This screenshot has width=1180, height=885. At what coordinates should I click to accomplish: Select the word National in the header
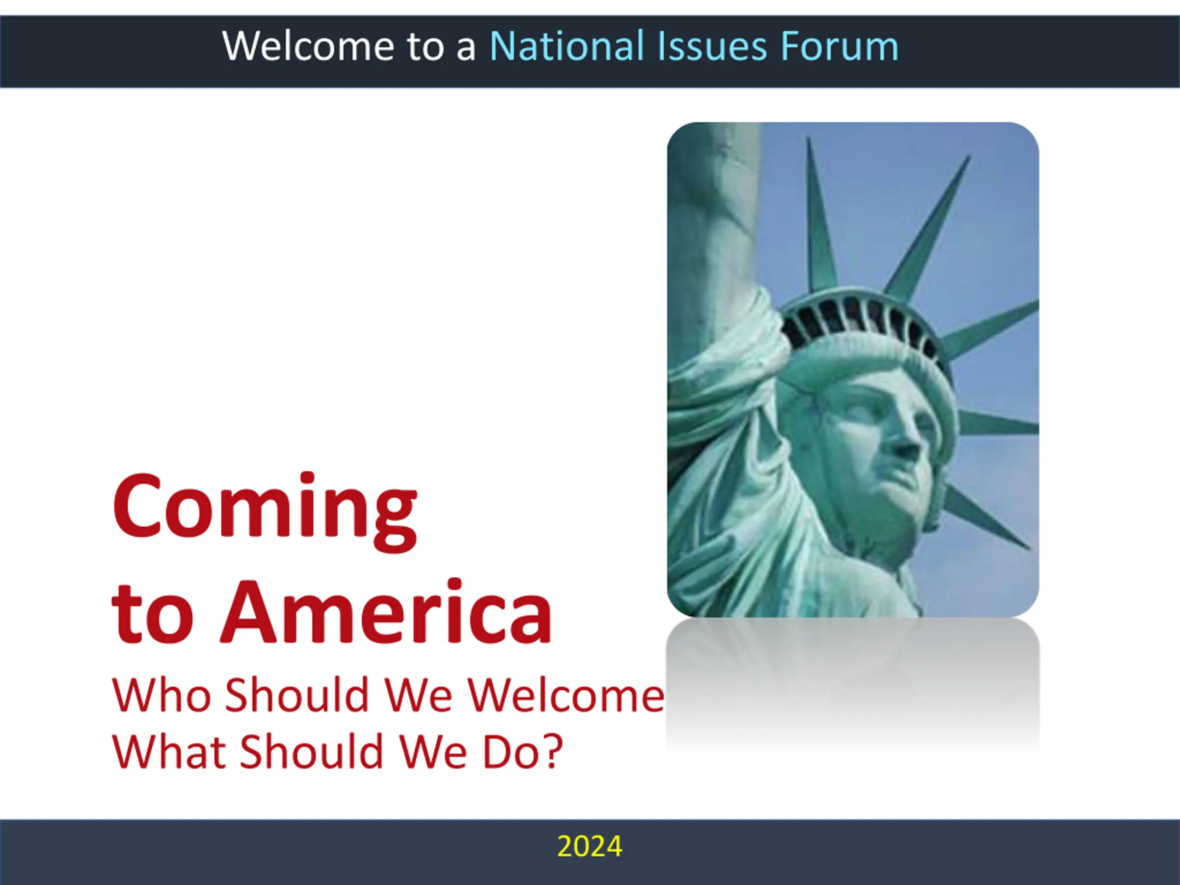[x=567, y=46]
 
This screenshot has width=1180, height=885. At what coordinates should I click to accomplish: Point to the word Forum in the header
[x=840, y=46]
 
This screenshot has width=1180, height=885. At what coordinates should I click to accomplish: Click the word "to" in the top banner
[x=425, y=48]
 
